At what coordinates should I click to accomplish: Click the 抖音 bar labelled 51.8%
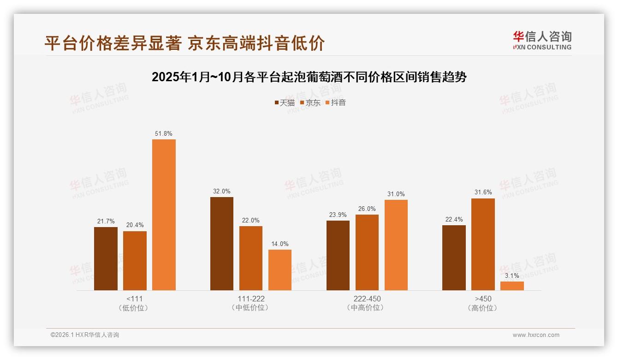tap(164, 215)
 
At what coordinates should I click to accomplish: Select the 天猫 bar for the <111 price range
tap(106, 258)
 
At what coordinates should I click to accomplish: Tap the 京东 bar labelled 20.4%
tap(135, 260)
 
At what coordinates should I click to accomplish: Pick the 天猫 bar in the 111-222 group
tap(222, 244)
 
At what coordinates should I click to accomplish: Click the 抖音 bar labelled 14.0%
tap(280, 270)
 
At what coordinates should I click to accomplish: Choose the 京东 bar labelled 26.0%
tap(367, 252)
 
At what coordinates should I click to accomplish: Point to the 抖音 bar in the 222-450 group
tap(396, 245)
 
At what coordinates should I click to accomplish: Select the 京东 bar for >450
tap(483, 244)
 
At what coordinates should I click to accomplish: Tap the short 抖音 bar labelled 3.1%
tap(512, 286)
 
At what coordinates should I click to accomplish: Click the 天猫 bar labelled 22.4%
tap(454, 258)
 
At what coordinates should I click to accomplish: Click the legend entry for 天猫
tap(285, 102)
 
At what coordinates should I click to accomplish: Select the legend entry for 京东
tap(310, 102)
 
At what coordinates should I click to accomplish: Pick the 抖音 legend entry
tap(336, 102)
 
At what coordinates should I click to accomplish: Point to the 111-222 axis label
tap(251, 299)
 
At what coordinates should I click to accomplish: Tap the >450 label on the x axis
tap(483, 299)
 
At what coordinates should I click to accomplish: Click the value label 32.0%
tap(222, 191)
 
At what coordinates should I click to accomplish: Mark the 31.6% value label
tap(483, 192)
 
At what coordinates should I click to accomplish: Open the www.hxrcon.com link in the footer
tap(536, 335)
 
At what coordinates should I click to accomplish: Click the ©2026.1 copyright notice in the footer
tap(85, 335)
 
